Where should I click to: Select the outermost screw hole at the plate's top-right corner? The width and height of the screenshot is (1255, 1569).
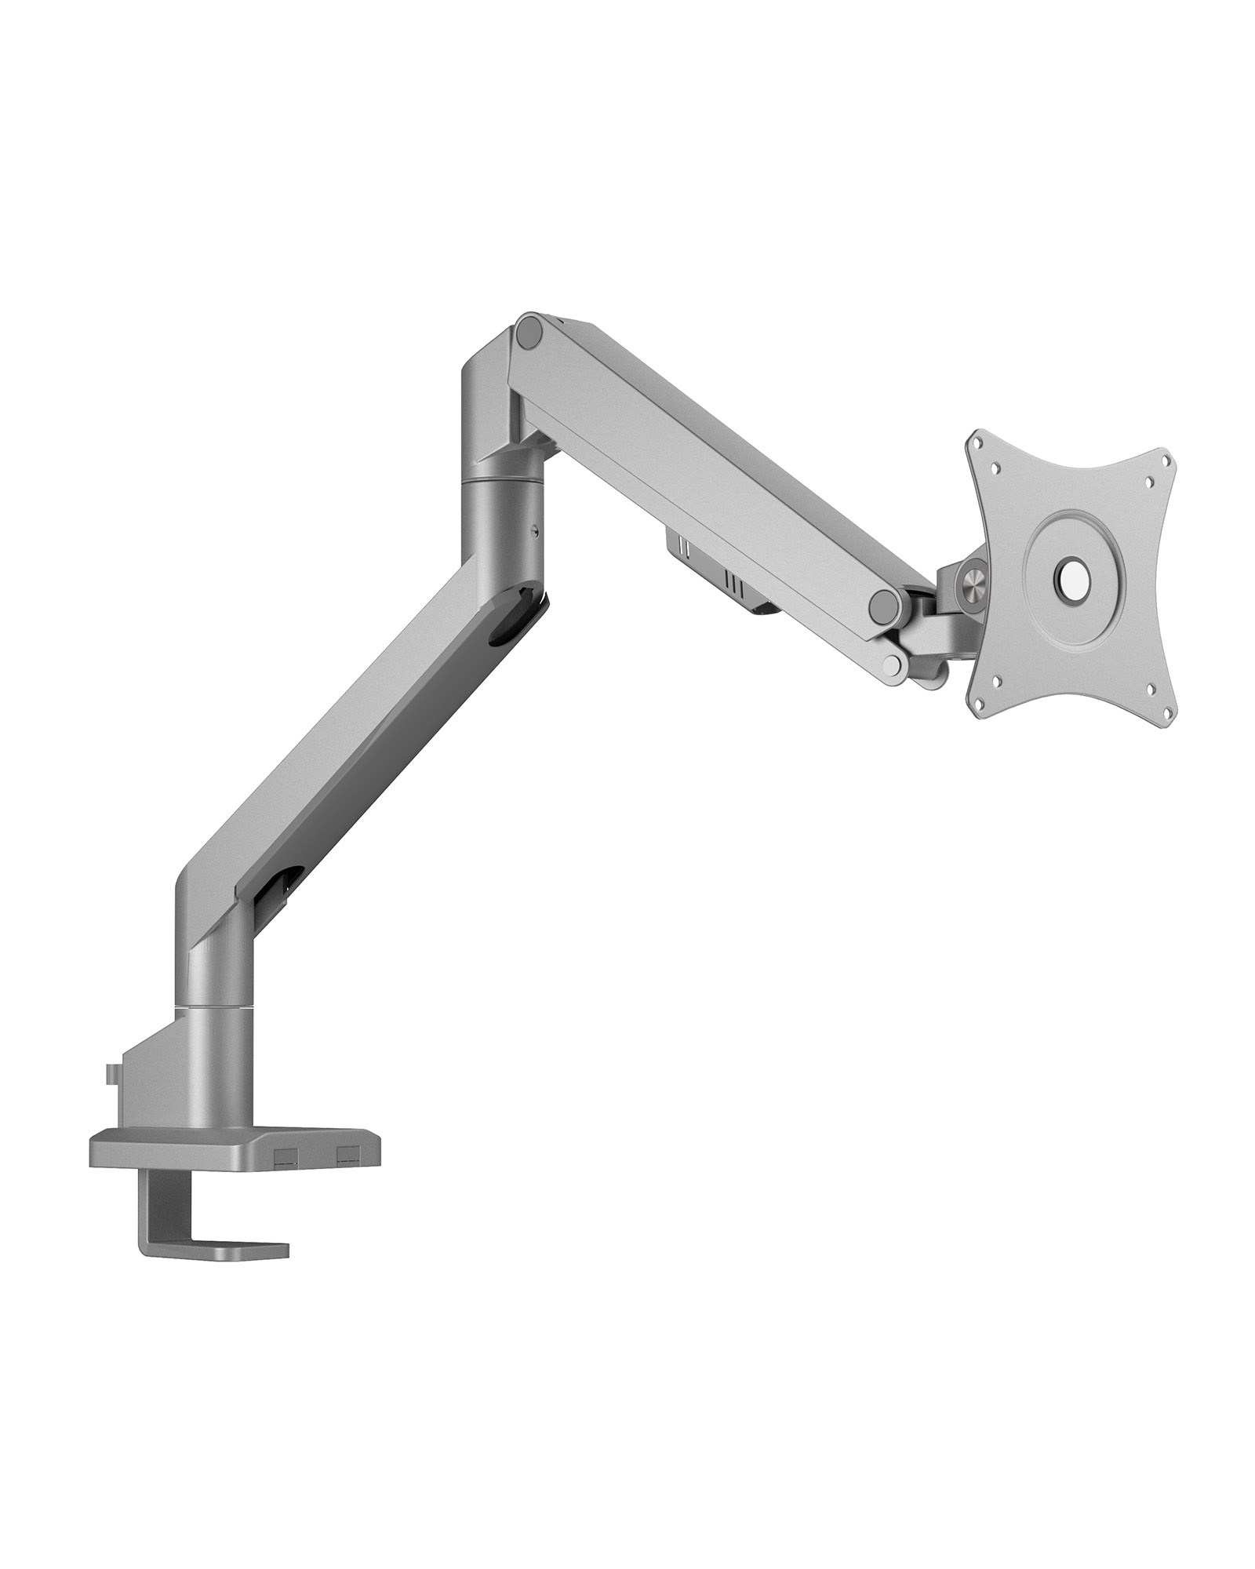[1166, 461]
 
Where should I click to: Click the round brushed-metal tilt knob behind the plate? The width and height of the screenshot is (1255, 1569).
[977, 581]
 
